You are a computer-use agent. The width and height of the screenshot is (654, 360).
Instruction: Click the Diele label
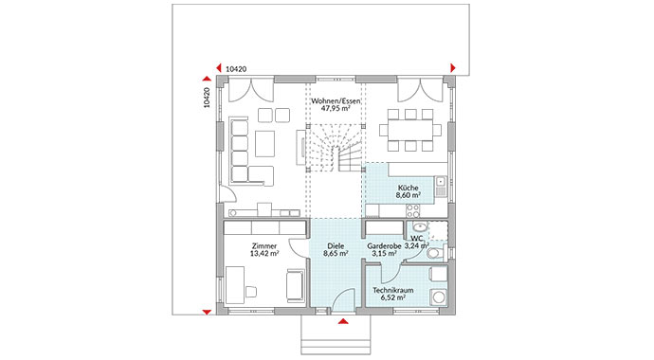point(336,245)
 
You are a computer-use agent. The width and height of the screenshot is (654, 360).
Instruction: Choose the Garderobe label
point(385,245)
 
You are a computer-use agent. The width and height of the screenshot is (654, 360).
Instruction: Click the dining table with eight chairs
point(410,126)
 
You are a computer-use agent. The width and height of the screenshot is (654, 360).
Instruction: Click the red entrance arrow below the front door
point(343,322)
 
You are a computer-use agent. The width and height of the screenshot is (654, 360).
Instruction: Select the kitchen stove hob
point(441,186)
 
